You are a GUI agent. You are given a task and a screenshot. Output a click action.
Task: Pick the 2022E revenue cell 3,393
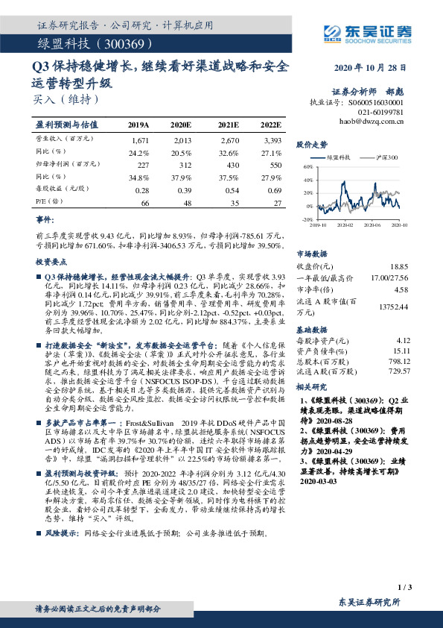click(272, 139)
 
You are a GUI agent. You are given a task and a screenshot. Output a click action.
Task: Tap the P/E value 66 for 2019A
click(144, 203)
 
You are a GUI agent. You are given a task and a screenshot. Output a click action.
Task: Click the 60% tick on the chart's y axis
click(308, 169)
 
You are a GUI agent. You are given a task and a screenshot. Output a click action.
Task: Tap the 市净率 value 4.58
click(401, 289)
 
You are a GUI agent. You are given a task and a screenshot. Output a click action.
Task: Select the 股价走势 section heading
click(312, 144)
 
